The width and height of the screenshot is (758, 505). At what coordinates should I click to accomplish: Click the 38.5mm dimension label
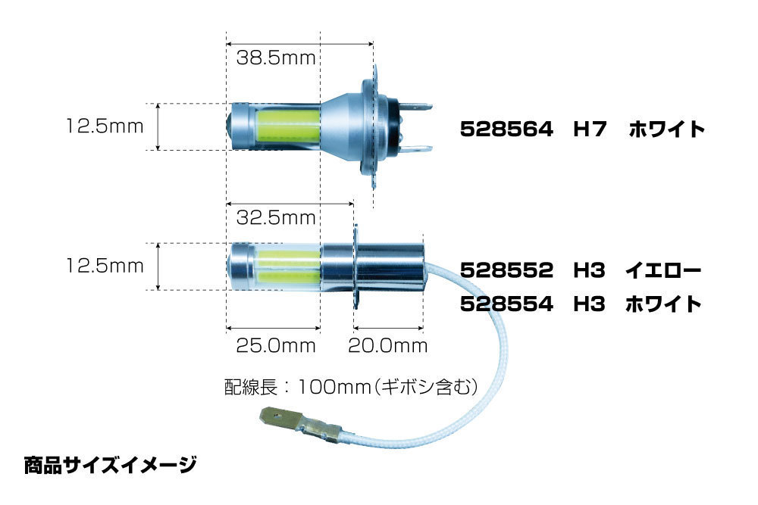pos(276,58)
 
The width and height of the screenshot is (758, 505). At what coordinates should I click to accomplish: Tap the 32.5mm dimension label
pos(276,218)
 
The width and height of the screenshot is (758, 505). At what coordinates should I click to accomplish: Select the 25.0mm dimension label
pos(276,346)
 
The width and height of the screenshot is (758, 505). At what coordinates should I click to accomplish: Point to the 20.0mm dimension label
pos(387,346)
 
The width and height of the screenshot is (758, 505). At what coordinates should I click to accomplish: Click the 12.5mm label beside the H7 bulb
pos(105,126)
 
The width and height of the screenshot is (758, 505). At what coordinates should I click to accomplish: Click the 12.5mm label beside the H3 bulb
pos(105,266)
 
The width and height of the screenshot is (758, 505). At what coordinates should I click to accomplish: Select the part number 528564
pos(506,129)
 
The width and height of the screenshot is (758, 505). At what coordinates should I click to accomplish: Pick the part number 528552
pos(506,270)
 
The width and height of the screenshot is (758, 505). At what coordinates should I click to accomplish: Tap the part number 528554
pos(506,304)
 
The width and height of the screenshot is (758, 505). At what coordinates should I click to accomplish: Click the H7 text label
pos(589,129)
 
